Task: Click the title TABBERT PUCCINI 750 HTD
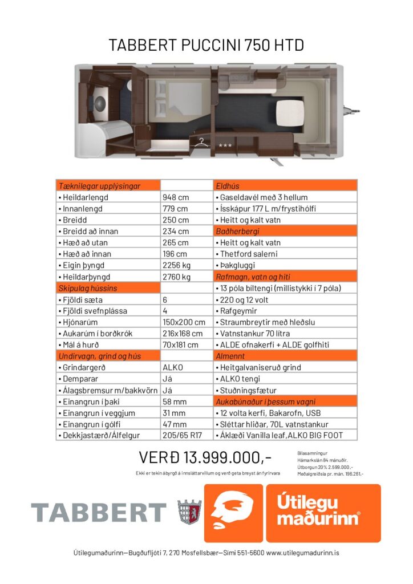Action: point(206,45)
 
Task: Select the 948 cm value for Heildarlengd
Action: point(176,197)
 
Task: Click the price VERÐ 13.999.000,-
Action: point(205,457)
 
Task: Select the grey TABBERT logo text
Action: point(99,513)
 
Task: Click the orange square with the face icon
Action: point(233,513)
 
